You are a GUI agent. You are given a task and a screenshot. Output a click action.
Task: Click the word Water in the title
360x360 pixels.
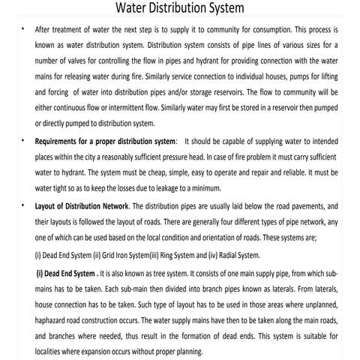click(x=136, y=10)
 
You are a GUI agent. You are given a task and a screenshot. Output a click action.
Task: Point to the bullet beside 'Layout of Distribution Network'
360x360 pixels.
click(x=23, y=204)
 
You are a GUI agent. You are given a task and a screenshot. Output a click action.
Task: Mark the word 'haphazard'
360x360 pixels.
click(x=55, y=307)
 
